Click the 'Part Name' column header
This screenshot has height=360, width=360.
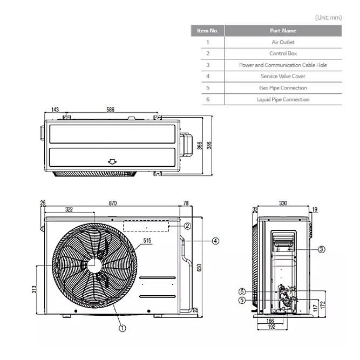coord(283,31)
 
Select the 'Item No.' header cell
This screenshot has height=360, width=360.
coord(208,31)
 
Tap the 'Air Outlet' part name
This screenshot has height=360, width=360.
coord(283,42)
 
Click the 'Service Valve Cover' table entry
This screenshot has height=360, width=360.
coord(283,76)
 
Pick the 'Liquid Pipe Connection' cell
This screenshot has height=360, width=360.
coord(283,99)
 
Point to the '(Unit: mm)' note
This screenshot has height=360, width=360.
coord(328,18)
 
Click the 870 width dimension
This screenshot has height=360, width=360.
coord(113,203)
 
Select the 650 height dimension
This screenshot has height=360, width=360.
coord(199,268)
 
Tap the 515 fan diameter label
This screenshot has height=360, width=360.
coord(147,240)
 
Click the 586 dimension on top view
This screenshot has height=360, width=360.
coord(111,110)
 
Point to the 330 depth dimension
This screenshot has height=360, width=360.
coord(283,203)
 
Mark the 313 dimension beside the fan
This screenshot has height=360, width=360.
coord(34,289)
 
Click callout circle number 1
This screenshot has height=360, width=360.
coord(123,328)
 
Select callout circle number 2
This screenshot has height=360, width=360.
coord(188,226)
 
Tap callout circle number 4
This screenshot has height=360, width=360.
coord(215,241)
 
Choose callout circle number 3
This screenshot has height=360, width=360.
coord(322,249)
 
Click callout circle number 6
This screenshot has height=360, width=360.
coord(242,291)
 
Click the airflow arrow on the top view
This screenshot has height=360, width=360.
coord(112,162)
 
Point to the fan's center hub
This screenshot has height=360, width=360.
coord(94,266)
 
